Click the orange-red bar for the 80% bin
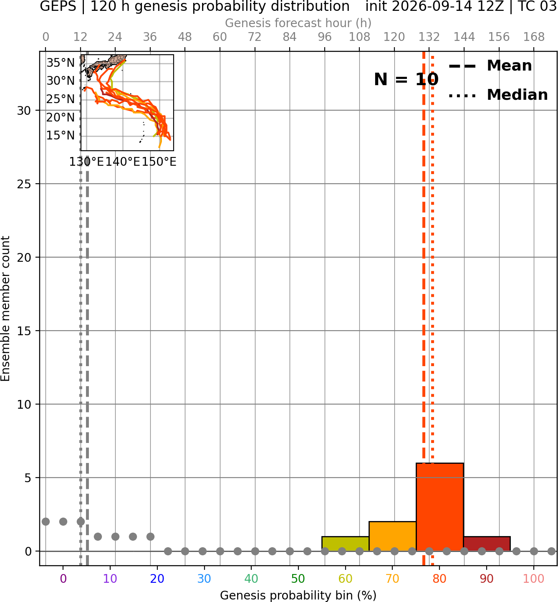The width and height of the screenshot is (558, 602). [x=439, y=507]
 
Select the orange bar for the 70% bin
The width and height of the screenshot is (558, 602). [x=392, y=536]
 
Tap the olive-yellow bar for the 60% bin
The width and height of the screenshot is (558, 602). [x=345, y=544]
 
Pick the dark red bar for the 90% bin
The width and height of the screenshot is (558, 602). [x=487, y=544]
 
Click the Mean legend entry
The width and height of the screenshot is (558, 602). [x=490, y=66]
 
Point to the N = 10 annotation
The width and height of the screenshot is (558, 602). [x=406, y=79]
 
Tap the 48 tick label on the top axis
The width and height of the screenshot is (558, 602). [x=185, y=37]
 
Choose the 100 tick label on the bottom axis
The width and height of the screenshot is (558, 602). [x=534, y=579]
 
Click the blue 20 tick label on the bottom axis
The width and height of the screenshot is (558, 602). [x=157, y=579]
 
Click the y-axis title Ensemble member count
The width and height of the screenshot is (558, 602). [x=5, y=309]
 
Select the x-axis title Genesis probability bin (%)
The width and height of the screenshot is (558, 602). [x=298, y=595]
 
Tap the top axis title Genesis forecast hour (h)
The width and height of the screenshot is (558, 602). [x=298, y=23]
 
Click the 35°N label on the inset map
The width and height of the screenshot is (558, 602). [x=61, y=63]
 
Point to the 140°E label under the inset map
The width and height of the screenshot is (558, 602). [x=123, y=162]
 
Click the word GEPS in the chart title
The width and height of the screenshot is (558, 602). [x=58, y=6]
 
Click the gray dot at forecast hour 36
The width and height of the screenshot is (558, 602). [x=150, y=536]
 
